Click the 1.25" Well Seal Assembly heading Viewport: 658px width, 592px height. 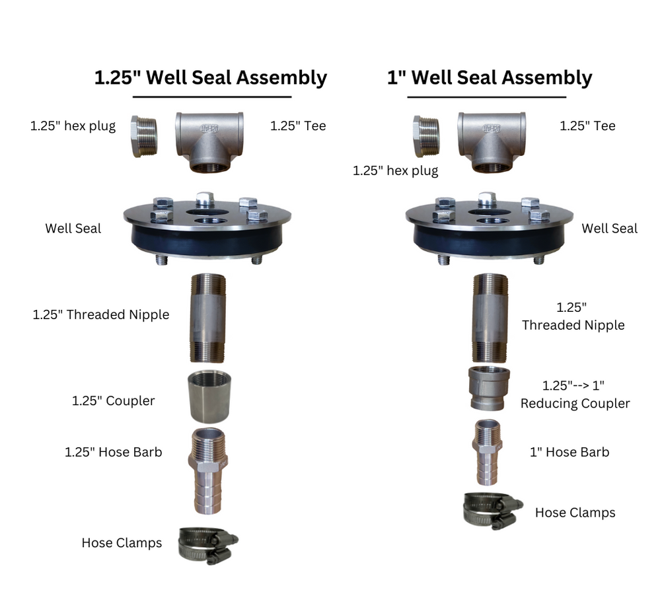pyautogui.click(x=210, y=77)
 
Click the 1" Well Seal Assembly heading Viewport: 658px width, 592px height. pyautogui.click(x=489, y=77)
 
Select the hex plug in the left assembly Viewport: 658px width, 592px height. pyautogui.click(x=145, y=136)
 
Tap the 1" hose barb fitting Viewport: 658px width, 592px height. pyautogui.click(x=489, y=452)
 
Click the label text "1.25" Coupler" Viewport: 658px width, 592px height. pyautogui.click(x=113, y=401)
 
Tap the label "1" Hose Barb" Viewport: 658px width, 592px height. pyautogui.click(x=569, y=452)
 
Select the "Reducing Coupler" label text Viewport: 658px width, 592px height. pyautogui.click(x=575, y=403)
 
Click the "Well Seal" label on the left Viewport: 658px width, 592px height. pyautogui.click(x=73, y=229)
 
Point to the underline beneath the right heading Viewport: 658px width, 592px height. pyautogui.click(x=486, y=97)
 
